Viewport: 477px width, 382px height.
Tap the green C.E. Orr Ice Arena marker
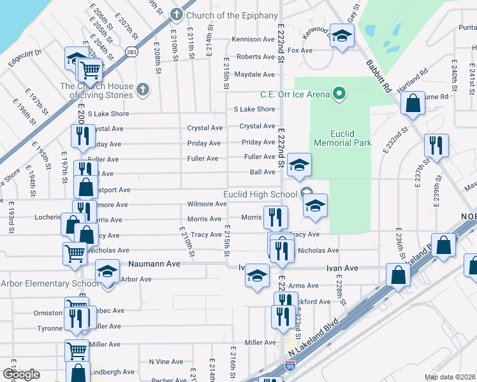coord(340,95)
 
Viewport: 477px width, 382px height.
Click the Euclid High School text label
coord(260,194)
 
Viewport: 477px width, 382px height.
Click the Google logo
coord(21,374)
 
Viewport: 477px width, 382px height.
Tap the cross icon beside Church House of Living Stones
coord(143,90)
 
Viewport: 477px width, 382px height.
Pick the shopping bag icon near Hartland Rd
coord(413,103)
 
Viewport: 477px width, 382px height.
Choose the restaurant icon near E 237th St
coord(436,146)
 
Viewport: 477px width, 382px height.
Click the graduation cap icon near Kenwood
coord(342,38)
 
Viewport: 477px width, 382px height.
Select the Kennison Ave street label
coord(253,39)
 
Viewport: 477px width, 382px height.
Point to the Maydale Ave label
coord(254,74)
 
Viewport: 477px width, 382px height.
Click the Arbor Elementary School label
coord(50,283)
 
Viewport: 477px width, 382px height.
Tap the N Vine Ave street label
coord(166,362)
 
